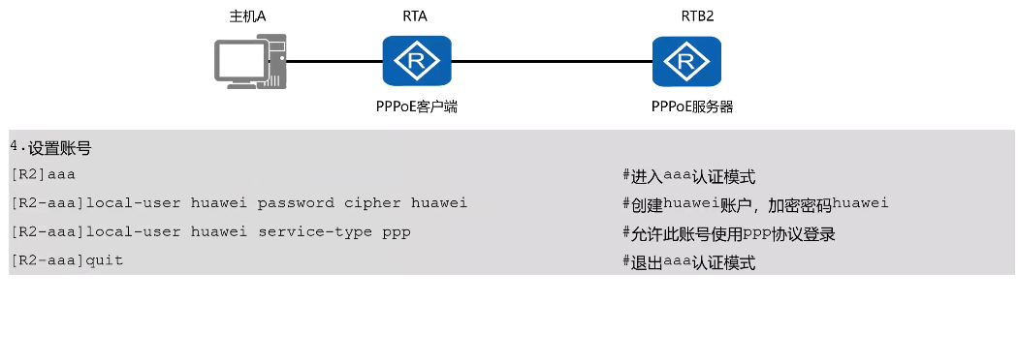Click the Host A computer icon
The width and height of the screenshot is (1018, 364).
tap(250, 62)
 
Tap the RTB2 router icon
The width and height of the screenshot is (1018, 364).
tap(686, 62)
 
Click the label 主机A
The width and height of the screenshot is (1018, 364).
tap(246, 16)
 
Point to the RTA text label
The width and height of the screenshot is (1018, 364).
tap(416, 16)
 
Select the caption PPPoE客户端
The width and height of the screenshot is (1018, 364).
tap(417, 106)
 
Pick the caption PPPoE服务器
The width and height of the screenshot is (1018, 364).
tap(692, 106)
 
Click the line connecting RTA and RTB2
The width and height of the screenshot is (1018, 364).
tap(552, 62)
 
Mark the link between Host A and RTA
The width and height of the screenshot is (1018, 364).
tap(334, 62)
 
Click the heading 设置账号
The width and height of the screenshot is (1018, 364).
tap(58, 148)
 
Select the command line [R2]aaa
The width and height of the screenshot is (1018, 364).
tap(43, 175)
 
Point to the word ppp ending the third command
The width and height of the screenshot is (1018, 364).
tap(397, 233)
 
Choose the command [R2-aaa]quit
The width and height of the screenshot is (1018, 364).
tap(67, 261)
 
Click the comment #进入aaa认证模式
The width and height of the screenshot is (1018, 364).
tap(688, 176)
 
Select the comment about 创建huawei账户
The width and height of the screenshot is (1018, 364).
tap(755, 203)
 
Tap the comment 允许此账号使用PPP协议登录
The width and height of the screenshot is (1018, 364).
tap(729, 233)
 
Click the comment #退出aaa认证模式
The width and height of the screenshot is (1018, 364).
tap(688, 262)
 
